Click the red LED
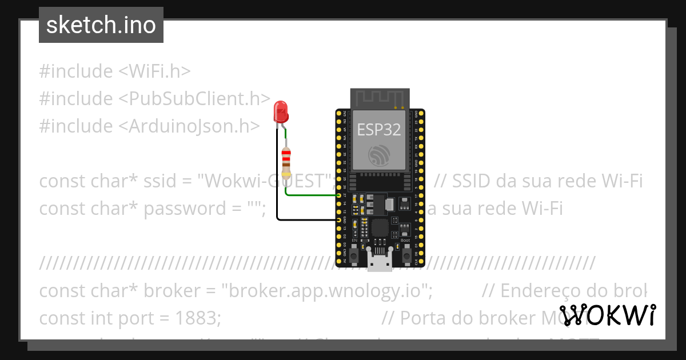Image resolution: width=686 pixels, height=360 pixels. pyautogui.click(x=280, y=111)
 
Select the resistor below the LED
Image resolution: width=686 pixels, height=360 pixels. pyautogui.click(x=286, y=163)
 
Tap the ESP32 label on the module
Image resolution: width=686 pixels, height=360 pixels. pyautogui.click(x=379, y=130)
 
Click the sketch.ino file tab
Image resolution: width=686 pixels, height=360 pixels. pyautogui.click(x=101, y=26)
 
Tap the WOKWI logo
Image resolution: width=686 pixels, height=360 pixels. pyautogui.click(x=607, y=315)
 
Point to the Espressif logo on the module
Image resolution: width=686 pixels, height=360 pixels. pyautogui.click(x=380, y=155)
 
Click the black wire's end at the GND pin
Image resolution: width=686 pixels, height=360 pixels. pyautogui.click(x=339, y=219)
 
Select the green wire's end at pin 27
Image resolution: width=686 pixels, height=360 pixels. pyautogui.click(x=339, y=195)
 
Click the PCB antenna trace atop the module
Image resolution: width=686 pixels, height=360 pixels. pyautogui.click(x=380, y=98)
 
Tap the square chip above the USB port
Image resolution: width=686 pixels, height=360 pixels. pyautogui.click(x=380, y=228)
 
